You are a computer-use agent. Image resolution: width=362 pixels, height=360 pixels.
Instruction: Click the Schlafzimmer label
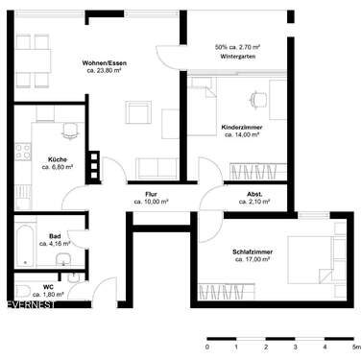click(x=253, y=252)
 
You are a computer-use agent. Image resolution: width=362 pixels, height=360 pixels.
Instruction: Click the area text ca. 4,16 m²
click(x=56, y=244)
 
